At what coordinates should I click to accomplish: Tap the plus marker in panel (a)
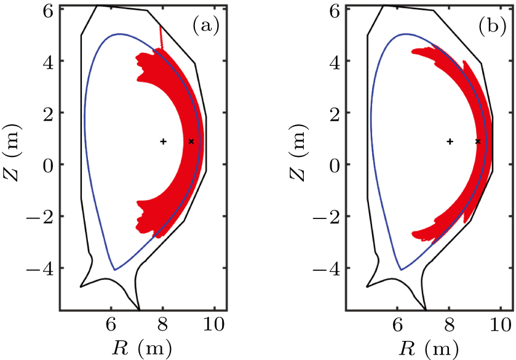pyautogui.click(x=163, y=142)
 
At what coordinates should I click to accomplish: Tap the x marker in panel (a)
pyautogui.click(x=191, y=142)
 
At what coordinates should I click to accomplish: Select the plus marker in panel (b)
pyautogui.click(x=450, y=142)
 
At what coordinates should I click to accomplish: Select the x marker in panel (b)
pyautogui.click(x=478, y=142)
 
